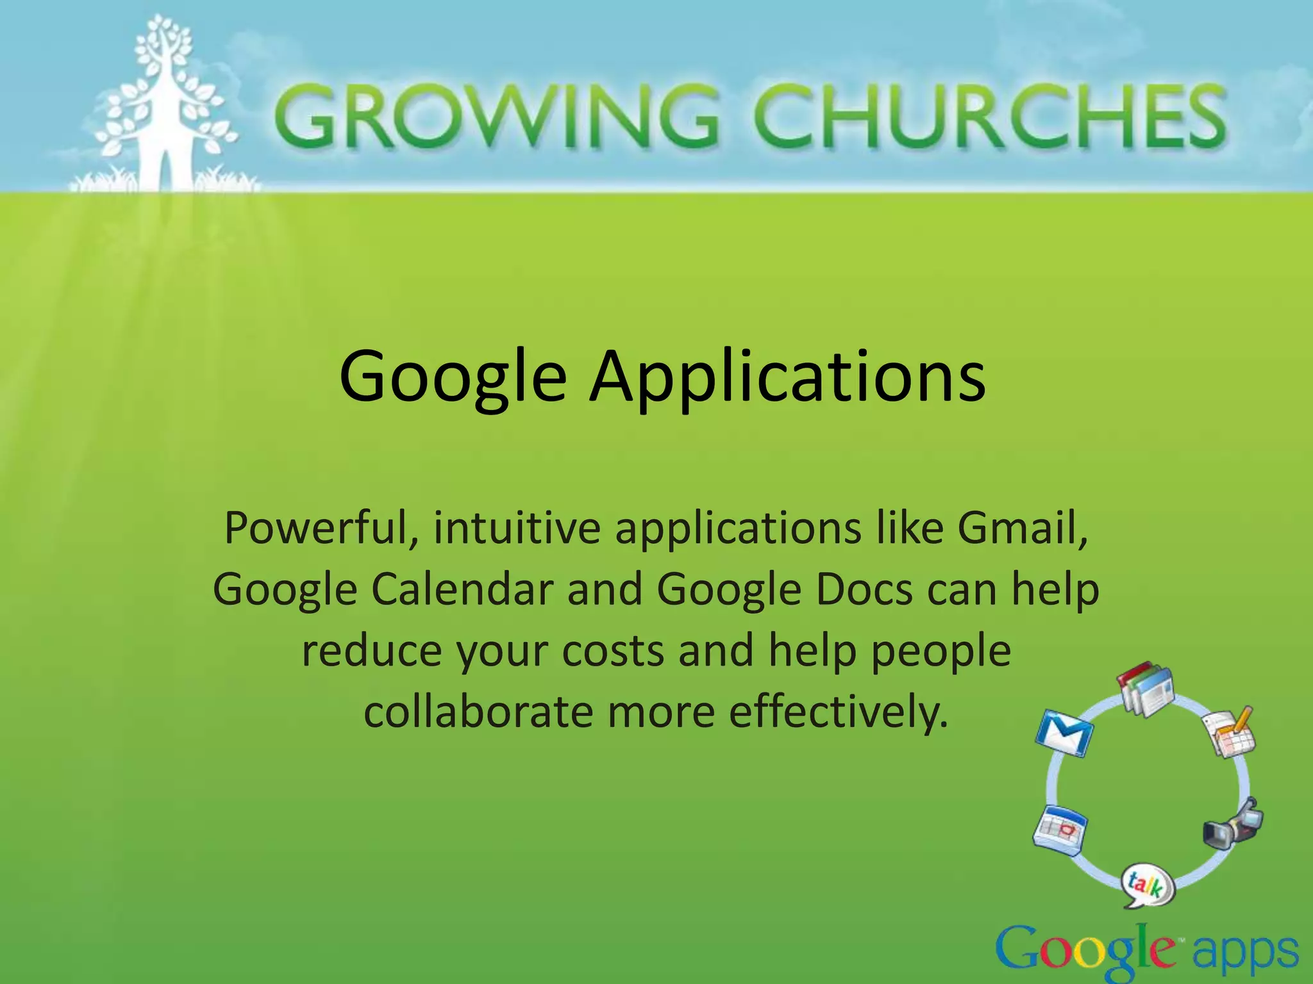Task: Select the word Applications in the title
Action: (787, 379)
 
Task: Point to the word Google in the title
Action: (453, 379)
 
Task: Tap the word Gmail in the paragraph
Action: (1022, 529)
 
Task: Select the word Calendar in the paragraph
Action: (462, 589)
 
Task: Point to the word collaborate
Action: (478, 712)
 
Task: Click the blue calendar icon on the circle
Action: (1059, 830)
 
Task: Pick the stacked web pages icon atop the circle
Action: (1146, 690)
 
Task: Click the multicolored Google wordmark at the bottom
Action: (1085, 953)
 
